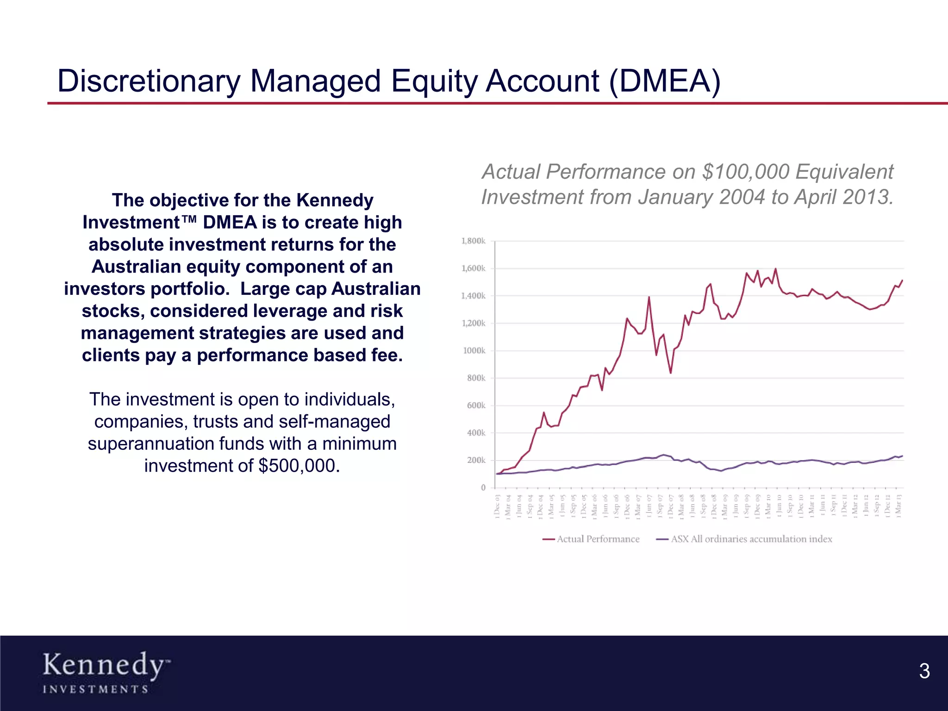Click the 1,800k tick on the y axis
[x=473, y=241]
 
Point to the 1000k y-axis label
[x=474, y=350]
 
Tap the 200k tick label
[x=476, y=460]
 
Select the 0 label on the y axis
[x=483, y=487]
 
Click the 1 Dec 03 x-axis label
[x=498, y=505]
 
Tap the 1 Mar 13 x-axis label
[x=898, y=505]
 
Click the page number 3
[x=924, y=671]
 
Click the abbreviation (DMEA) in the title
[x=665, y=81]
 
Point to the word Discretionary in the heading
[x=148, y=81]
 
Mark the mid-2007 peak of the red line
[x=649, y=297]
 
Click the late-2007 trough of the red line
[x=670, y=373]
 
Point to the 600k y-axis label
[x=476, y=405]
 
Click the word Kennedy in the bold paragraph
[x=334, y=200]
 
